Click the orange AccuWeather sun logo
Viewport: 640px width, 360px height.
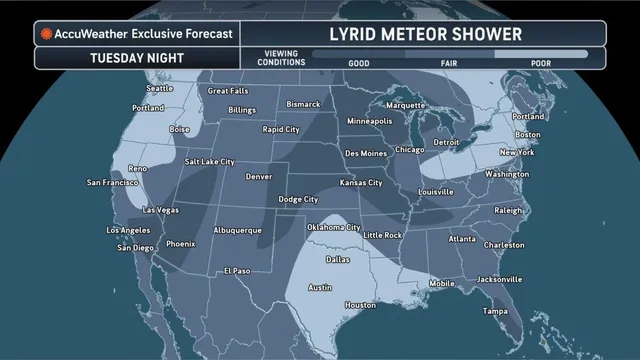pyautogui.click(x=46, y=33)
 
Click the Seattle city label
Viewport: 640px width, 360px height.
pyautogui.click(x=160, y=88)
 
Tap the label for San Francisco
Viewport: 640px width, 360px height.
pyautogui.click(x=114, y=183)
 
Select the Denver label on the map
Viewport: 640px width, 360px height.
pyautogui.click(x=258, y=176)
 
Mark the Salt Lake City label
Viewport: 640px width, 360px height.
pyautogui.click(x=209, y=161)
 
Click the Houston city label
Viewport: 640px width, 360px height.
pyautogui.click(x=360, y=305)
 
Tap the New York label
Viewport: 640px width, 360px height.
pyautogui.click(x=516, y=152)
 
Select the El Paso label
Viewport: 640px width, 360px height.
pyautogui.click(x=237, y=270)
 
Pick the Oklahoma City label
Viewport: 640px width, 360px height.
pyautogui.click(x=334, y=227)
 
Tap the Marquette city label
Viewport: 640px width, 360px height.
pyautogui.click(x=405, y=104)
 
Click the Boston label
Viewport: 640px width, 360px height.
pyautogui.click(x=527, y=134)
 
